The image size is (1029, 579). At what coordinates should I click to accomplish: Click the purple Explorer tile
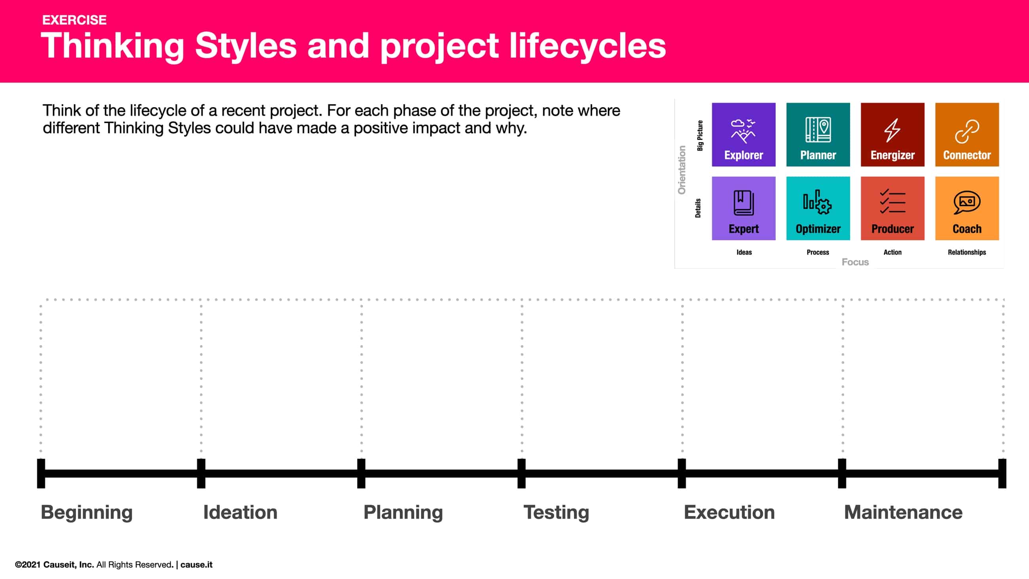(x=743, y=135)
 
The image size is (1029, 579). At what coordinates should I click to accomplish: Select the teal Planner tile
(x=818, y=135)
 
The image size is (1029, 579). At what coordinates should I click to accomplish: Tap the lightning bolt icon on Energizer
(x=892, y=130)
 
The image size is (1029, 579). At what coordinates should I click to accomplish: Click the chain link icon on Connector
(x=967, y=131)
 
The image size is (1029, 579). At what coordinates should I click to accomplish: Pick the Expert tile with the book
(x=743, y=208)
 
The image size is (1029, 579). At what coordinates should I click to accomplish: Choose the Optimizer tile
(x=818, y=208)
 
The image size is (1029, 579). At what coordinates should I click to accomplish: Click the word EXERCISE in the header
(x=74, y=20)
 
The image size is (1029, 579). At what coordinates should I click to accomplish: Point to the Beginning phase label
(x=87, y=512)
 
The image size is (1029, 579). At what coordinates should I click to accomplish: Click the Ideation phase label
(x=240, y=512)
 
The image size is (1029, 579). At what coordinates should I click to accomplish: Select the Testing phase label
(x=556, y=512)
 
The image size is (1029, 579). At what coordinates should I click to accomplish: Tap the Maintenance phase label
(x=903, y=512)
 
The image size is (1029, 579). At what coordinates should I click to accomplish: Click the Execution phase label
(x=729, y=512)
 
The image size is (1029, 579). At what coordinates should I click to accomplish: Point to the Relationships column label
(x=967, y=252)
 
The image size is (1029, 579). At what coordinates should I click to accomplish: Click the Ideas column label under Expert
(x=744, y=252)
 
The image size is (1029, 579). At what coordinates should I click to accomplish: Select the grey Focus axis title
(x=855, y=262)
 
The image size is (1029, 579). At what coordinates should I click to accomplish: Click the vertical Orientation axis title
(x=682, y=170)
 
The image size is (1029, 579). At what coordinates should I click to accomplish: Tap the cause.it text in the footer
(x=196, y=565)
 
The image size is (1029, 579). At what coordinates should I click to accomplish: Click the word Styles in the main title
(x=246, y=46)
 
